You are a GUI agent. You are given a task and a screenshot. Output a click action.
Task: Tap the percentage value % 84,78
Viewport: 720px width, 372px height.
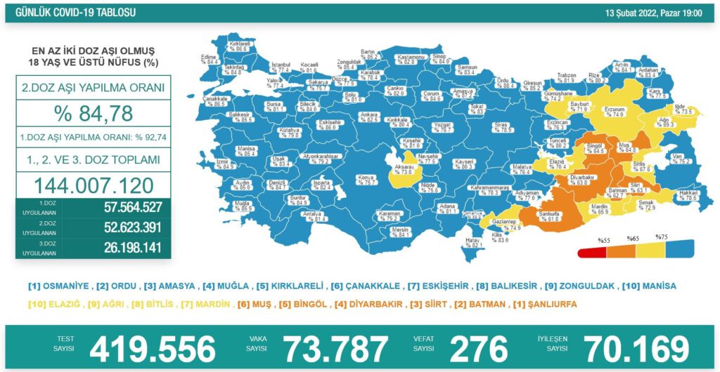[x=93, y=113]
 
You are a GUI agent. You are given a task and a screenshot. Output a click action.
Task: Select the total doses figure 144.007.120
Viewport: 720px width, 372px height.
[x=93, y=185]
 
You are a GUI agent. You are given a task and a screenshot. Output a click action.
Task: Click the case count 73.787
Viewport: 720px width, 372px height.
[x=335, y=348]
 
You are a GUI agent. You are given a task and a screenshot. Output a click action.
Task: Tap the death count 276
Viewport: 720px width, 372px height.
[x=478, y=348]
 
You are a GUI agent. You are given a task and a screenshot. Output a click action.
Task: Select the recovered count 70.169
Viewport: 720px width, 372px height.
[x=636, y=348]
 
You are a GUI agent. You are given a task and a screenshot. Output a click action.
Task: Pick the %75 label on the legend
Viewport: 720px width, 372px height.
[x=661, y=237]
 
